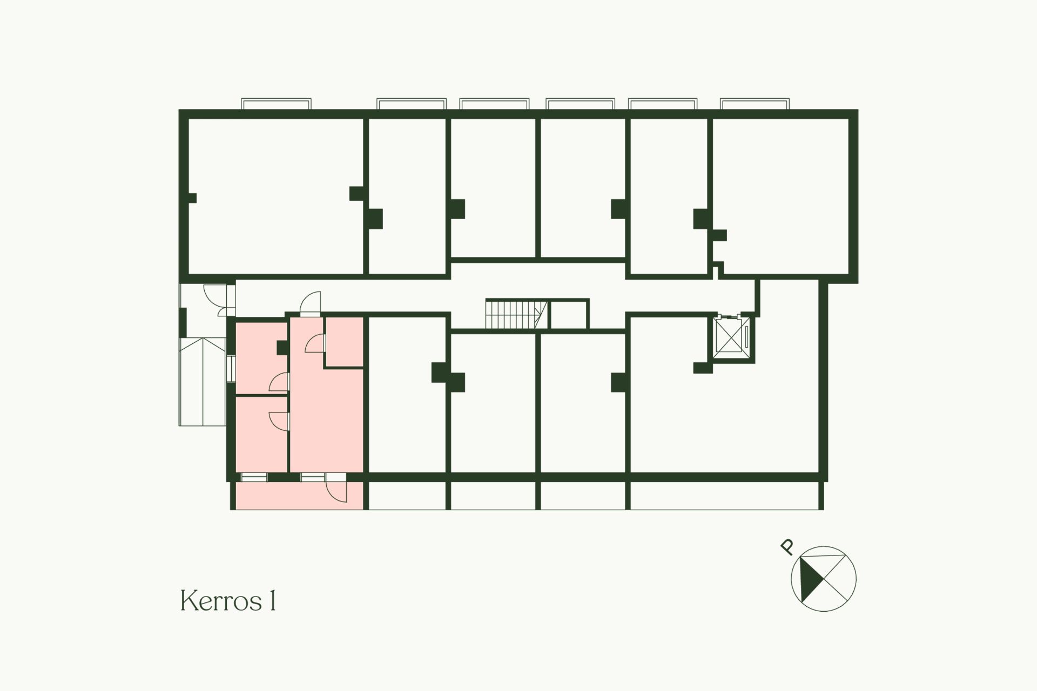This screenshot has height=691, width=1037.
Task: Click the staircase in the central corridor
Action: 517,314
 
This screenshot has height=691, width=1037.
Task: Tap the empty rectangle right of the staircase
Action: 568,314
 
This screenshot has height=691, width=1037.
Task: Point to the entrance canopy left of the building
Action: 203,381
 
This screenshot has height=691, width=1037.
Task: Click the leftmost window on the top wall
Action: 277,104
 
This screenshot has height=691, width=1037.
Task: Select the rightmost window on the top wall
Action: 755,104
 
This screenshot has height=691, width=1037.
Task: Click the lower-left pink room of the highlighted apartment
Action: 261,434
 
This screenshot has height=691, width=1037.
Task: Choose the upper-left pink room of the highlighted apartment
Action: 261,357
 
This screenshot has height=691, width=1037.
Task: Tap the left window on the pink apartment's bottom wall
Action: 254,477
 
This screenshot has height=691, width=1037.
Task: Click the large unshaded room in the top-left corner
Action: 275,196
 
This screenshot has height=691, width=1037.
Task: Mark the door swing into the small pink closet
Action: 315,343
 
